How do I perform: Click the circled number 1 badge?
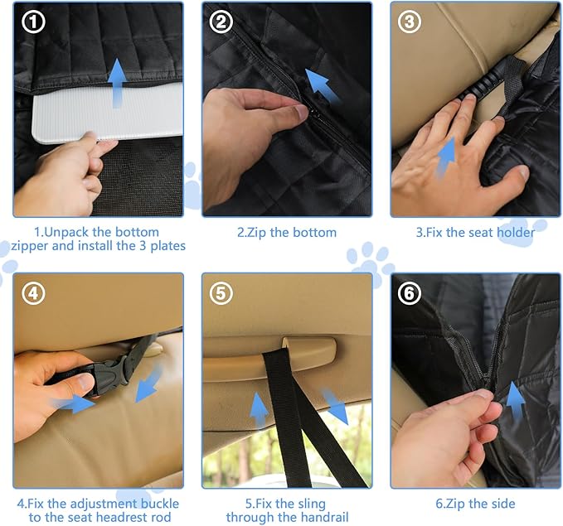(33, 22)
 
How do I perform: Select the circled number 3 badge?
(410, 22)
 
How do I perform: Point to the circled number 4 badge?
(33, 294)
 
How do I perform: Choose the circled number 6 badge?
(410, 294)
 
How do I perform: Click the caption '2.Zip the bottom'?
(286, 233)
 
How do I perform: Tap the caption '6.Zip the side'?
(475, 504)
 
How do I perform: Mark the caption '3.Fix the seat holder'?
(475, 233)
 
